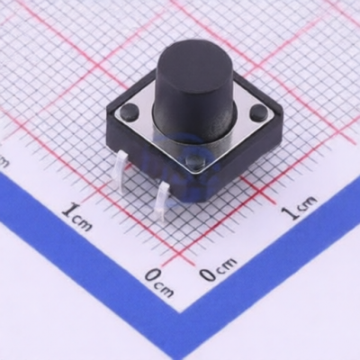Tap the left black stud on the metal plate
click(x=130, y=111)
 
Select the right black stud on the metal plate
click(x=259, y=111)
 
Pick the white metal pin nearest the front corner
click(x=161, y=202)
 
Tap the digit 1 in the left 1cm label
click(x=70, y=210)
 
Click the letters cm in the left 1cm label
click(x=83, y=222)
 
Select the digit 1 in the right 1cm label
click(x=290, y=212)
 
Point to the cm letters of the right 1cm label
click(x=307, y=203)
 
